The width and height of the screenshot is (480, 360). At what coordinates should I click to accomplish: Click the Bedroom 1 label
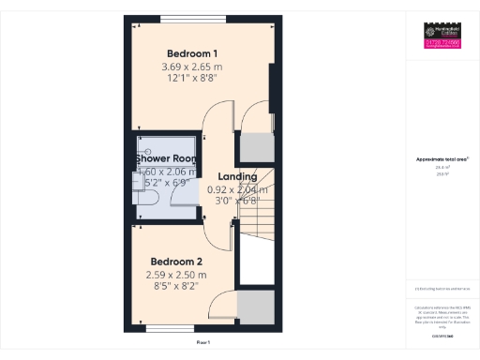point(192,52)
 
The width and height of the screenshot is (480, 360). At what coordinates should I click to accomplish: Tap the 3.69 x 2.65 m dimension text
point(192,67)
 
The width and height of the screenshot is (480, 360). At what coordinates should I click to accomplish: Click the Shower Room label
point(165,158)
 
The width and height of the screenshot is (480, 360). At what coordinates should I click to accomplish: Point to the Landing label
point(236,176)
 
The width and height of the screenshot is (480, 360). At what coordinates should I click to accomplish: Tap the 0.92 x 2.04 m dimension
point(236,189)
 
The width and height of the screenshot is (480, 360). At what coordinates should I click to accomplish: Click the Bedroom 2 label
point(176,261)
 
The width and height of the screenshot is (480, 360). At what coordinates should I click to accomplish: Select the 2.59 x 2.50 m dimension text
point(176,275)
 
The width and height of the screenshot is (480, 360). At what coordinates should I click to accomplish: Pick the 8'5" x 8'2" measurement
point(176,287)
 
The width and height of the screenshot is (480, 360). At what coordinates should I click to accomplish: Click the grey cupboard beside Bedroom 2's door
point(254,308)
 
